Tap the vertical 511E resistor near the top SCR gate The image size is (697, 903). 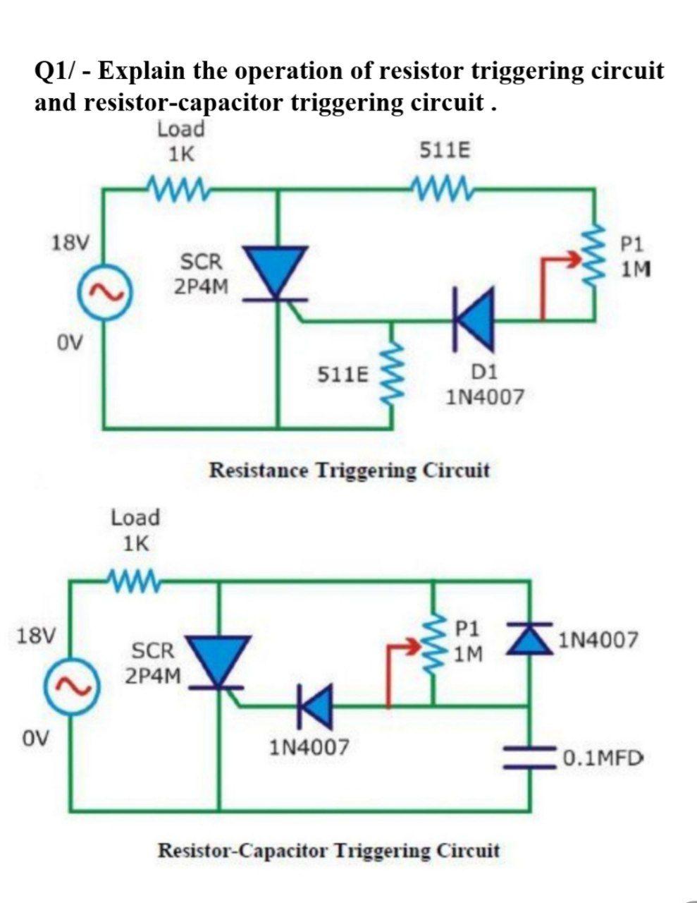(390, 373)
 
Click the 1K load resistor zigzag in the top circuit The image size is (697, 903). (178, 188)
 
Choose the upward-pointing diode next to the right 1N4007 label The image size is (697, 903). (529, 638)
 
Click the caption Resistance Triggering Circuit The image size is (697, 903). (350, 470)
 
